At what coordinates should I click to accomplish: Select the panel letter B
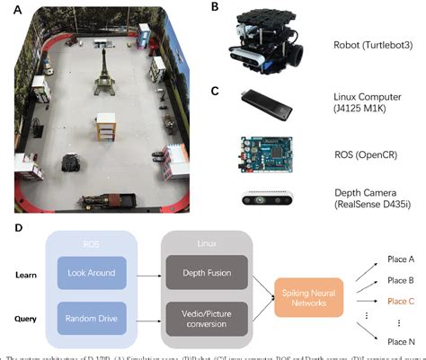click(x=213, y=6)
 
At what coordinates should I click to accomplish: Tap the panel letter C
click(x=213, y=90)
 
